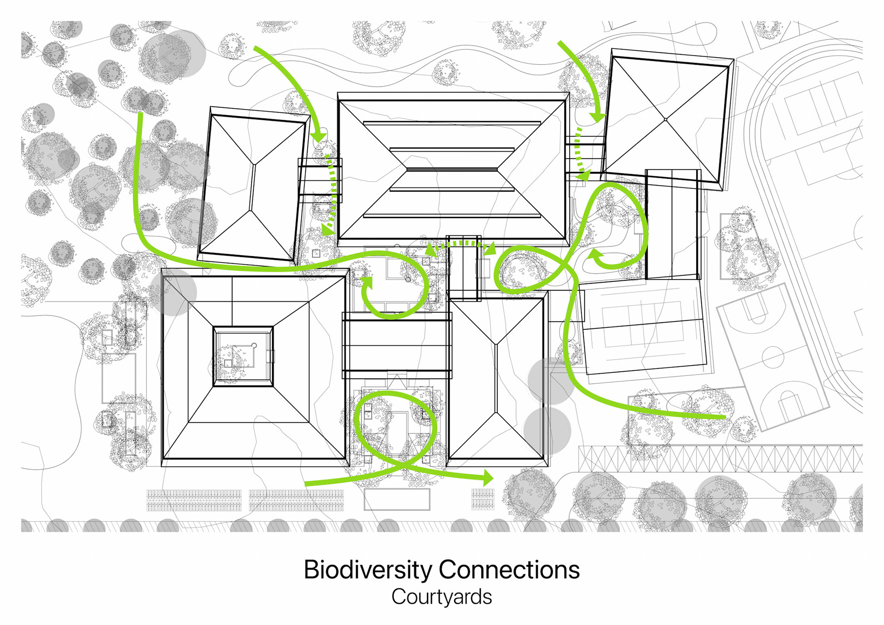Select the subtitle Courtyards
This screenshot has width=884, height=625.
coord(442,597)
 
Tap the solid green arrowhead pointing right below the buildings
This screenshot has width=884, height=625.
coord(488,478)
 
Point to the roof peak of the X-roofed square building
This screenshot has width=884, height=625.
coord(666,120)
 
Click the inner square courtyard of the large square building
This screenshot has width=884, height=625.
coord(243,356)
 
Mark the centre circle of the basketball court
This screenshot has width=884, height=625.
coord(773,356)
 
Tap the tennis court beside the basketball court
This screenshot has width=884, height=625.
coord(643,325)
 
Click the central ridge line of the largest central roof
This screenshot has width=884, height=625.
coord(452,169)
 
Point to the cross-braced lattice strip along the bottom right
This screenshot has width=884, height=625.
coord(720,459)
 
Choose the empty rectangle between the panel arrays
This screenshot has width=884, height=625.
coord(396,499)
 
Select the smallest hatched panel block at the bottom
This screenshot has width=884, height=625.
coord(483,499)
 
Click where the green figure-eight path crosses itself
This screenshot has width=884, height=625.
coord(563,264)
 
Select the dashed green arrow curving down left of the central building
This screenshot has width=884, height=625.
coord(331,193)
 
